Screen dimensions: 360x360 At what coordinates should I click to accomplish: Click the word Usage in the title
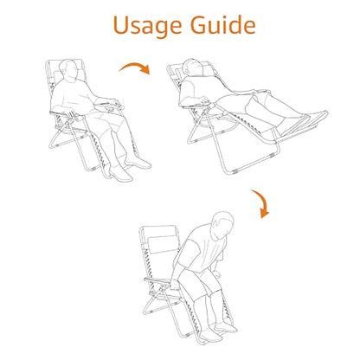pyautogui.click(x=147, y=26)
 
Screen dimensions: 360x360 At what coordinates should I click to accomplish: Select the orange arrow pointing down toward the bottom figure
pyautogui.click(x=261, y=202)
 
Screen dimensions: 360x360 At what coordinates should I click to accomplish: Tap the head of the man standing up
pyautogui.click(x=222, y=225)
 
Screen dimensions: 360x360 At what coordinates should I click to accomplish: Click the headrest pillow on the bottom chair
pyautogui.click(x=163, y=244)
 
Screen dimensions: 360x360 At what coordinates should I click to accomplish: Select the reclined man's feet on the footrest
pyautogui.click(x=305, y=123)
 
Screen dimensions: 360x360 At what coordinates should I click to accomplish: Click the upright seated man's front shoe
pyautogui.click(x=121, y=174)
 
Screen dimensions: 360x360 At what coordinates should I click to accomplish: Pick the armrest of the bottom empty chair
pyautogui.click(x=157, y=280)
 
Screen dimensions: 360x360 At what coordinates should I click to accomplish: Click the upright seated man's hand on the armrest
pyautogui.click(x=70, y=114)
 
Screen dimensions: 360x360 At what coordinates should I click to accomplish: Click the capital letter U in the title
pyautogui.click(x=121, y=25)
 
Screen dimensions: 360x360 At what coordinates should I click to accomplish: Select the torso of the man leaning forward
pyautogui.click(x=201, y=249)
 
